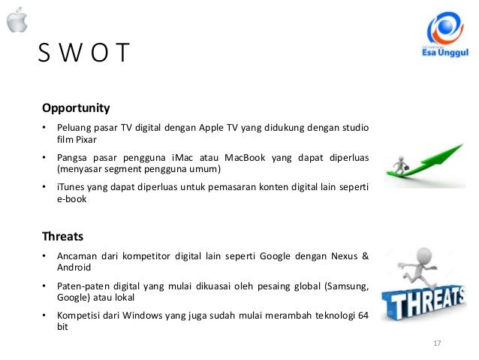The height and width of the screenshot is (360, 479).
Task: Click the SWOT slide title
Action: click(84, 55)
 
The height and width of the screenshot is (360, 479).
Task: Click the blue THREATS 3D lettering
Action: click(423, 301)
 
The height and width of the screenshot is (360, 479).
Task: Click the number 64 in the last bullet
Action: click(362, 315)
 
